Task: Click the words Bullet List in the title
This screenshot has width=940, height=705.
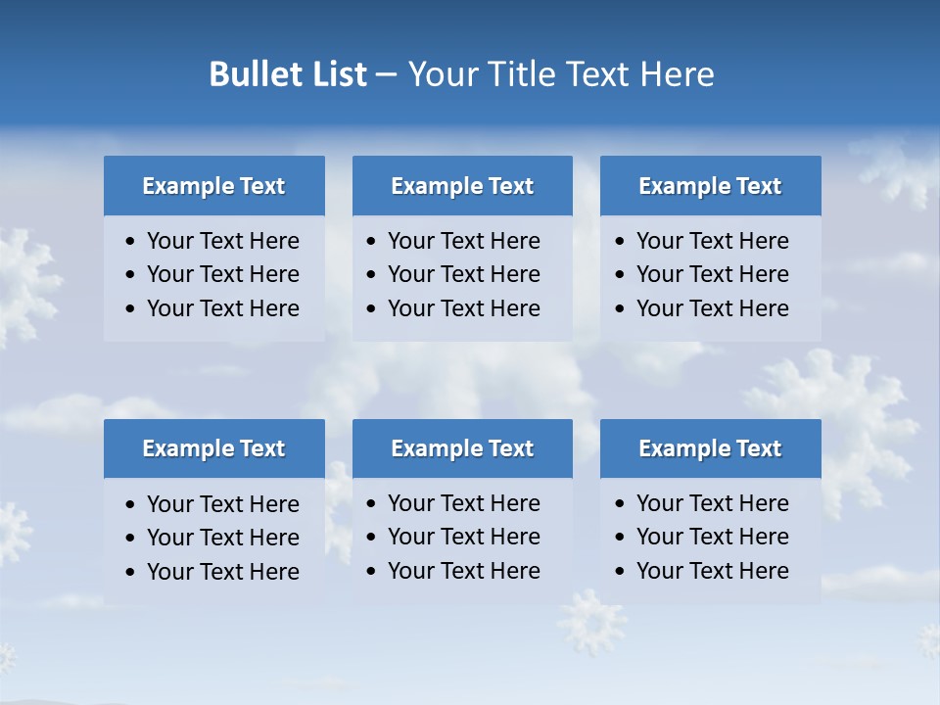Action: tap(288, 74)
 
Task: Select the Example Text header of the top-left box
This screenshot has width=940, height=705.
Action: tap(213, 186)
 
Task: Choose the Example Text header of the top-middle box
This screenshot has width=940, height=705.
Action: tap(462, 186)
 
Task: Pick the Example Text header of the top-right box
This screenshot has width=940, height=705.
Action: tap(710, 186)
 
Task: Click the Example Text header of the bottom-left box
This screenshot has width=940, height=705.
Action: tap(213, 448)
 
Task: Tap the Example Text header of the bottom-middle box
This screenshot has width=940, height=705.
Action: tap(462, 448)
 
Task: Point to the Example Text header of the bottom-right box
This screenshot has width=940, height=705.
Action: tap(710, 448)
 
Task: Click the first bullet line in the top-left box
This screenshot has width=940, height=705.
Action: tap(222, 241)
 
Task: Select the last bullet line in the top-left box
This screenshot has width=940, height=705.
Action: tap(222, 308)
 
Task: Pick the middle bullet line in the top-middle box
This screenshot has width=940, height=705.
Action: tap(463, 274)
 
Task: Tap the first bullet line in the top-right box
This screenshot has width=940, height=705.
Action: tap(712, 241)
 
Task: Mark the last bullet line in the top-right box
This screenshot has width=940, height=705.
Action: tap(712, 308)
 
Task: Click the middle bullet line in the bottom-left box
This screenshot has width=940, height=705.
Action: tap(222, 538)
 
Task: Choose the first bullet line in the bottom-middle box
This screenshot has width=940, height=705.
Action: tap(463, 503)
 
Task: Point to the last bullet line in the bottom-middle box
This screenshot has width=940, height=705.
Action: tap(463, 571)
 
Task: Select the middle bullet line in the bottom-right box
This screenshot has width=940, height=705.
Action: tap(712, 537)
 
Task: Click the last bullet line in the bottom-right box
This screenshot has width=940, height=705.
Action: tap(712, 571)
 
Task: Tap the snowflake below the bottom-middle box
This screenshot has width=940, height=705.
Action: tap(592, 621)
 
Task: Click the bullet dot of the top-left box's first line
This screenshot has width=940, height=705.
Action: tap(131, 241)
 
